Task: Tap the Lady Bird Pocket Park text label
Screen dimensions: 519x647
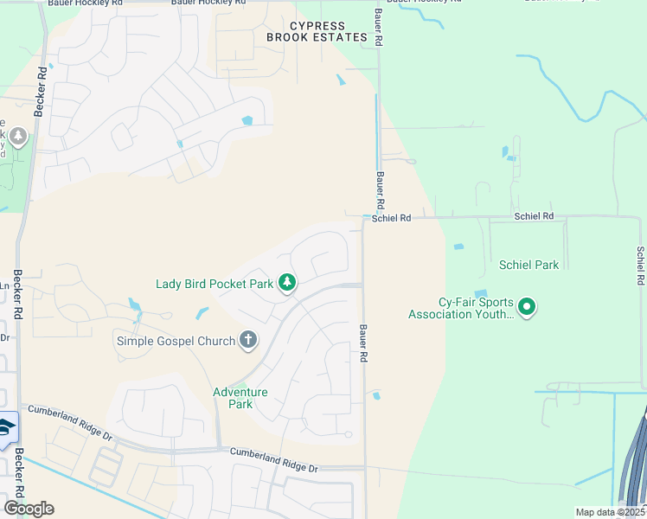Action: point(214,283)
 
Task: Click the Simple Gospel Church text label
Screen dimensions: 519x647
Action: point(176,341)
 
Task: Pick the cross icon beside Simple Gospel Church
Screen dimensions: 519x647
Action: point(248,339)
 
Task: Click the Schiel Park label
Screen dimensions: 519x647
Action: point(528,265)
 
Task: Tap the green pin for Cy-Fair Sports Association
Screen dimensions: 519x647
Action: point(527,306)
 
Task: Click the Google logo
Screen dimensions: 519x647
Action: point(29,509)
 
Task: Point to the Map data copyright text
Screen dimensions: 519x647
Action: point(609,512)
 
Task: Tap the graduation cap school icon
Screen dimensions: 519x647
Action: point(4,430)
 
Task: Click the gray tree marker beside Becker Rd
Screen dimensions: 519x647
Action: point(16,137)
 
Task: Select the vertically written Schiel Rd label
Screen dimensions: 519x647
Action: point(641,266)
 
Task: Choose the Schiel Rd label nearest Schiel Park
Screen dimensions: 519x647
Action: point(533,215)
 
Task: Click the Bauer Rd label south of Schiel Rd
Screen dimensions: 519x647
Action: point(363,343)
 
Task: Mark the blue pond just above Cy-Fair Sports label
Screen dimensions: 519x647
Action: point(480,293)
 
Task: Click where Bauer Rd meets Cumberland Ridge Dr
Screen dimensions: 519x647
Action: point(364,468)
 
